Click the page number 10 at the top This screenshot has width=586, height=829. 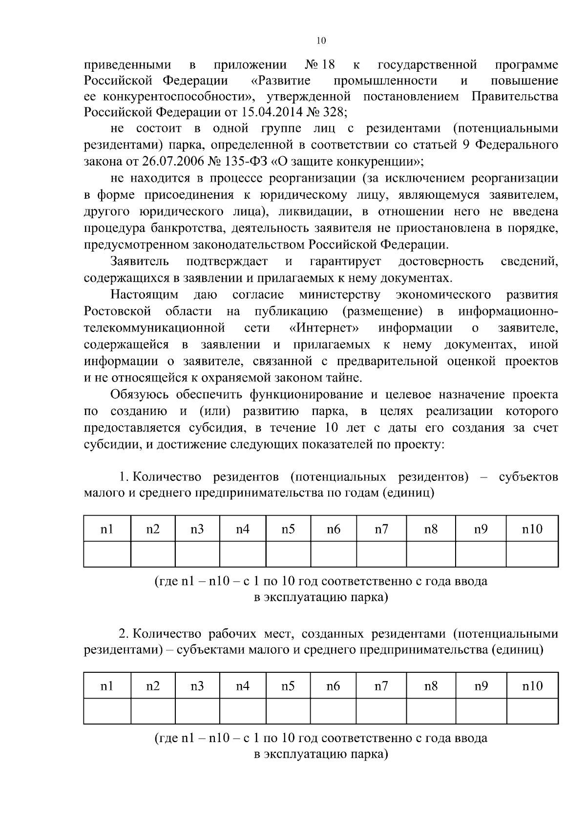coord(321,41)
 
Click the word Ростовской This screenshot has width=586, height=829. coord(117,311)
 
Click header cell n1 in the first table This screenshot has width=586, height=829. coord(107,529)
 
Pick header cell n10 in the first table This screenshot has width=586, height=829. coord(532,529)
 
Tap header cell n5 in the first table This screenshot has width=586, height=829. coord(288,529)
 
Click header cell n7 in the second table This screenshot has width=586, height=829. coord(381,686)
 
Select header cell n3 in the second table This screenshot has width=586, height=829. coord(197,686)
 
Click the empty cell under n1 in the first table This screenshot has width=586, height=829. coord(107,554)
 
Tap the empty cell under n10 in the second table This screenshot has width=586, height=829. coord(532,711)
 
